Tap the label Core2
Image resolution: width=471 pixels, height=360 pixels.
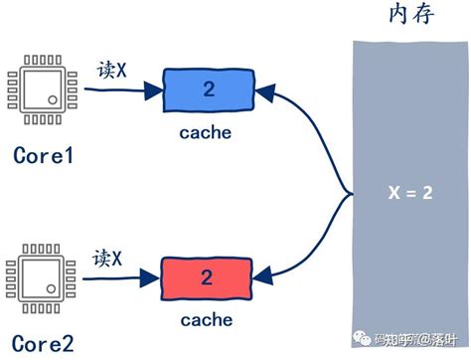click(44, 345)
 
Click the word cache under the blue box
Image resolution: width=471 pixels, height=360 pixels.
click(207, 132)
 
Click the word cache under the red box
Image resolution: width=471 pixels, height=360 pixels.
click(207, 319)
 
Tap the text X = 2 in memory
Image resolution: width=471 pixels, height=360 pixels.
click(409, 194)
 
